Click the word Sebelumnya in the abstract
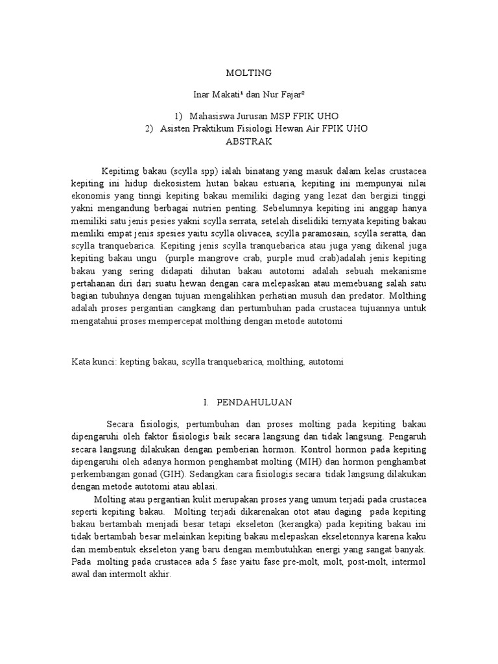pos(286,209)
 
